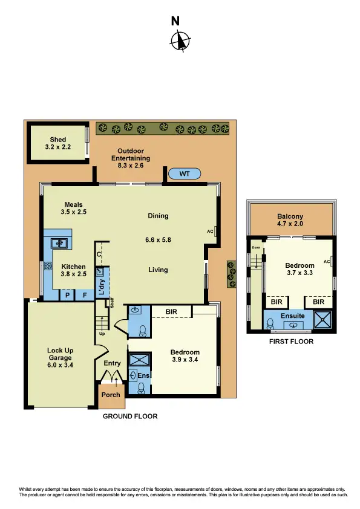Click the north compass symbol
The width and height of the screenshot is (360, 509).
tap(180, 41)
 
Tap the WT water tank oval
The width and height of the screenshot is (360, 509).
tap(186, 174)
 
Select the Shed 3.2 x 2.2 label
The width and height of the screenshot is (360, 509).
tap(58, 143)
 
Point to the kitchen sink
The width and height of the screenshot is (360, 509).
tap(60, 243)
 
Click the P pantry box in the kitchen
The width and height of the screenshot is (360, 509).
tap(68, 296)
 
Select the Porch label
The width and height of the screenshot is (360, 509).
tap(111, 395)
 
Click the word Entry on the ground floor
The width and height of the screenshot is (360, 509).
tap(113, 363)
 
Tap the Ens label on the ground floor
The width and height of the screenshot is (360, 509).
tap(143, 375)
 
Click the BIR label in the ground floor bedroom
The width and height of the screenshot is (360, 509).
tap(171, 312)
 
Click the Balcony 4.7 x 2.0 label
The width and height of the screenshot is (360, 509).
tap(290, 221)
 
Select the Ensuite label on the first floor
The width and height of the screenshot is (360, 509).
tap(293, 316)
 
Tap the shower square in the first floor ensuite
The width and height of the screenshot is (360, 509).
tap(322, 320)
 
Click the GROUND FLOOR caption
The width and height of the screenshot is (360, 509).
tap(130, 417)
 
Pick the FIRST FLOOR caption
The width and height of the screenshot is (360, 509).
tap(292, 342)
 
